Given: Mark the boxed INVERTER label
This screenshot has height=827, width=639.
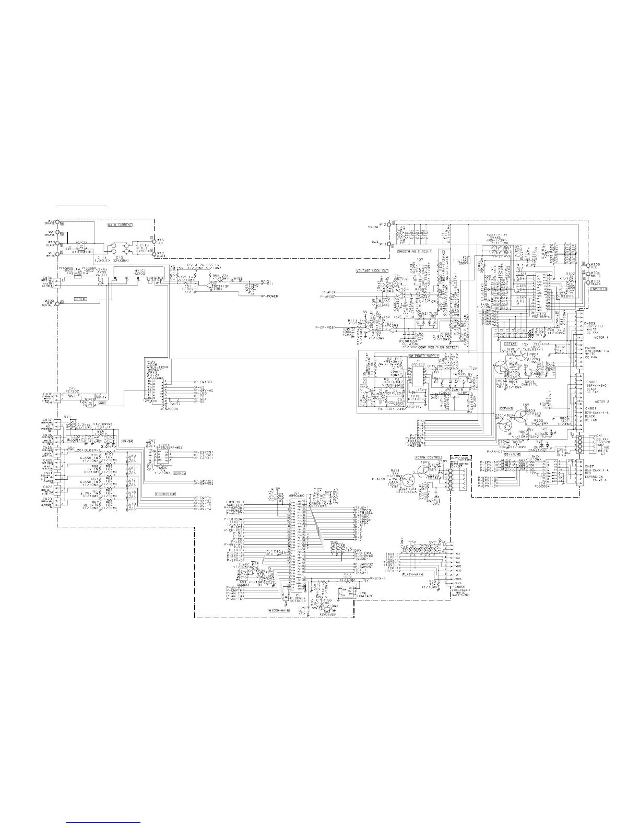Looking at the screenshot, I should [x=596, y=289].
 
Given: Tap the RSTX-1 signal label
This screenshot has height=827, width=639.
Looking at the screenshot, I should [x=378, y=578].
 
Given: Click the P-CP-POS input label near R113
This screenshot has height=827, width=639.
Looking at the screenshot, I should [x=325, y=327].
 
